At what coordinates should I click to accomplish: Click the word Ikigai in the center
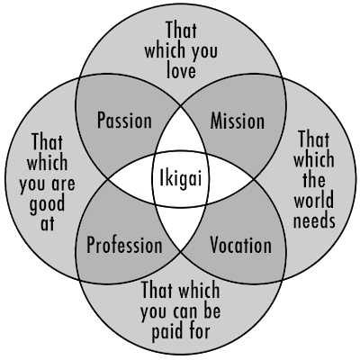[180, 179]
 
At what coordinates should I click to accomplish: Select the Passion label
[124, 121]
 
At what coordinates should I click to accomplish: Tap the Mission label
[238, 121]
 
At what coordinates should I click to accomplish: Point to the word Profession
[124, 245]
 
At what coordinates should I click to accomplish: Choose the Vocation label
[240, 245]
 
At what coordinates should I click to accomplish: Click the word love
[181, 70]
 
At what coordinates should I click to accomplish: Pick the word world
[313, 200]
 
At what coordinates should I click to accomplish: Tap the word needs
[314, 220]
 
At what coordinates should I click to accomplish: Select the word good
[47, 204]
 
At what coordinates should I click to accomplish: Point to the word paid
[165, 332]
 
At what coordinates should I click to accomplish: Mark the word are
[63, 184]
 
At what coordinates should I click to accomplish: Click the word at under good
[48, 223]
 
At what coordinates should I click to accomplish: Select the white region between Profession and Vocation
[180, 228]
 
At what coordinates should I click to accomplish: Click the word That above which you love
[181, 30]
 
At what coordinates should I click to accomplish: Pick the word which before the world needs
[313, 159]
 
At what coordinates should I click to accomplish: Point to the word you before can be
[155, 312]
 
